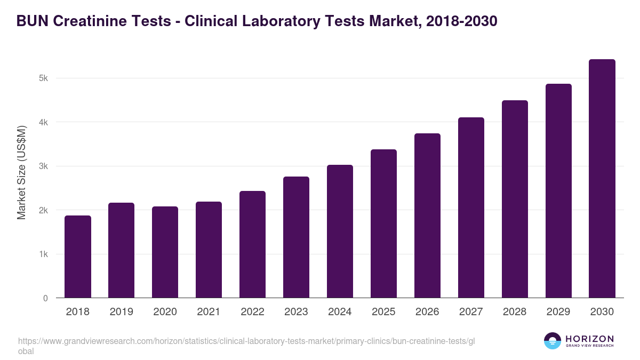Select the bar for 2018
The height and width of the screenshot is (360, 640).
click(78, 257)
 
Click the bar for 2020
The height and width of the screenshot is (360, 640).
click(165, 252)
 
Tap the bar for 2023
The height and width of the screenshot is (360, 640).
click(297, 237)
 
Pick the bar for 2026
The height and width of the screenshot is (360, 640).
click(428, 215)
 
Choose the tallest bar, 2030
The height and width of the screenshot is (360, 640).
click(602, 178)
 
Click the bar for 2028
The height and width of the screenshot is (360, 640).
click(515, 199)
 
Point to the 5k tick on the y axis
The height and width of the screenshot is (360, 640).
click(43, 78)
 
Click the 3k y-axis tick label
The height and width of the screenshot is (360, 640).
click(43, 166)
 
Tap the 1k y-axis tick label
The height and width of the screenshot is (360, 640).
click(43, 254)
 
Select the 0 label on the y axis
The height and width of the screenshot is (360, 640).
click(45, 298)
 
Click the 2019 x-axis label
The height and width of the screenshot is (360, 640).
click(122, 312)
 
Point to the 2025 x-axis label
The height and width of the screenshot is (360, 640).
click(384, 312)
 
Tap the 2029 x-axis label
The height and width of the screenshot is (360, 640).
click(558, 312)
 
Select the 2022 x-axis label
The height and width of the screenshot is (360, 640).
click(253, 312)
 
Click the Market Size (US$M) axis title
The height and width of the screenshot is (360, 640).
click(22, 172)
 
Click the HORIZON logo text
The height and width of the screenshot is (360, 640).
click(589, 339)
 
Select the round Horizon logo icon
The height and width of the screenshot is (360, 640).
click(553, 341)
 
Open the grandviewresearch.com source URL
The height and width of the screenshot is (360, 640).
click(245, 341)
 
